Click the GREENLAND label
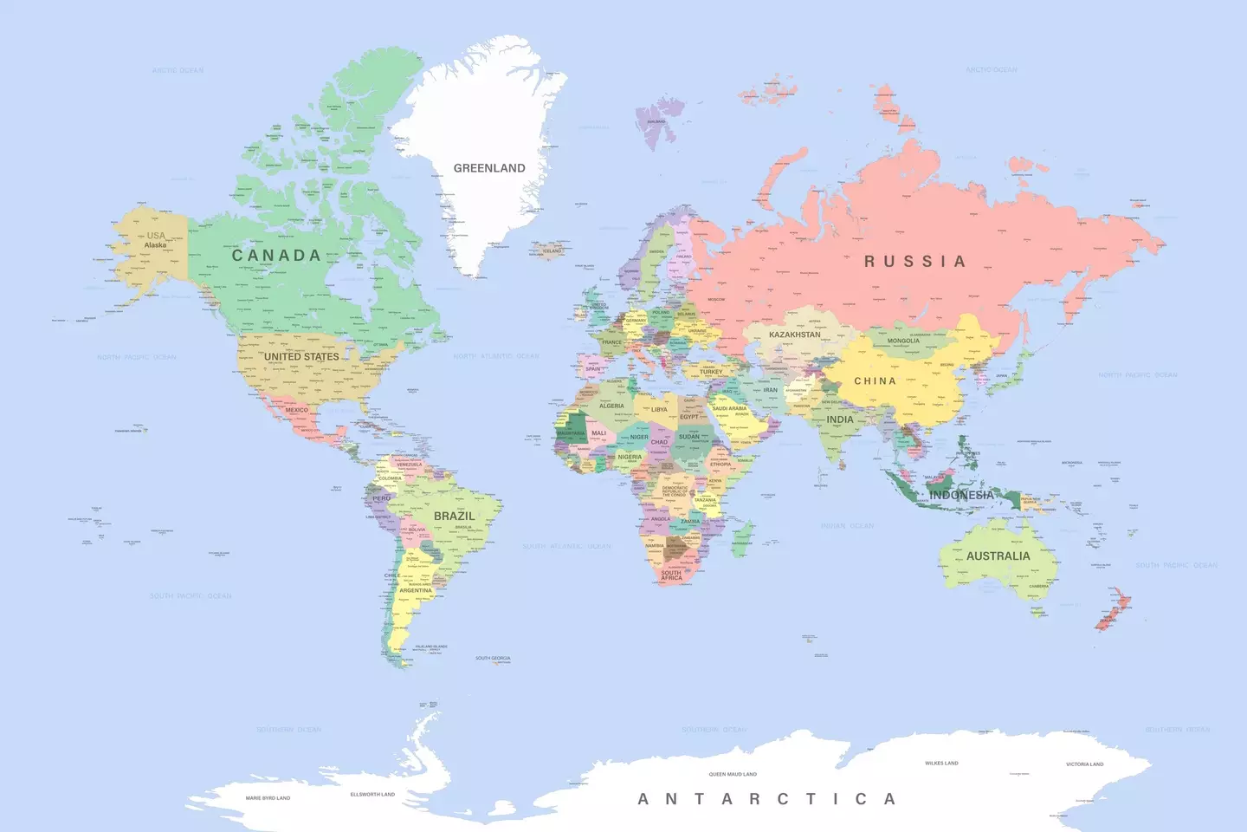click(489, 168)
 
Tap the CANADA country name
click(276, 256)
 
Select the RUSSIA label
click(914, 261)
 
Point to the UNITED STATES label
click(301, 356)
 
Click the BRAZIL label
click(454, 516)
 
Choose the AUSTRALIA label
click(998, 556)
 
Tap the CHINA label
click(875, 381)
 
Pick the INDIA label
click(839, 419)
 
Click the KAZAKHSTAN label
click(794, 335)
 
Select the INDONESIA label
click(961, 495)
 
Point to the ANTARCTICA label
click(766, 799)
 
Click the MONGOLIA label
click(903, 341)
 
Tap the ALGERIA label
click(611, 406)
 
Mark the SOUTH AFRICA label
click(671, 575)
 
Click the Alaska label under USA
click(155, 245)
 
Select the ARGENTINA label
click(416, 591)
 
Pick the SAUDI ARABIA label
click(729, 408)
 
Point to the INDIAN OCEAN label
click(847, 526)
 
